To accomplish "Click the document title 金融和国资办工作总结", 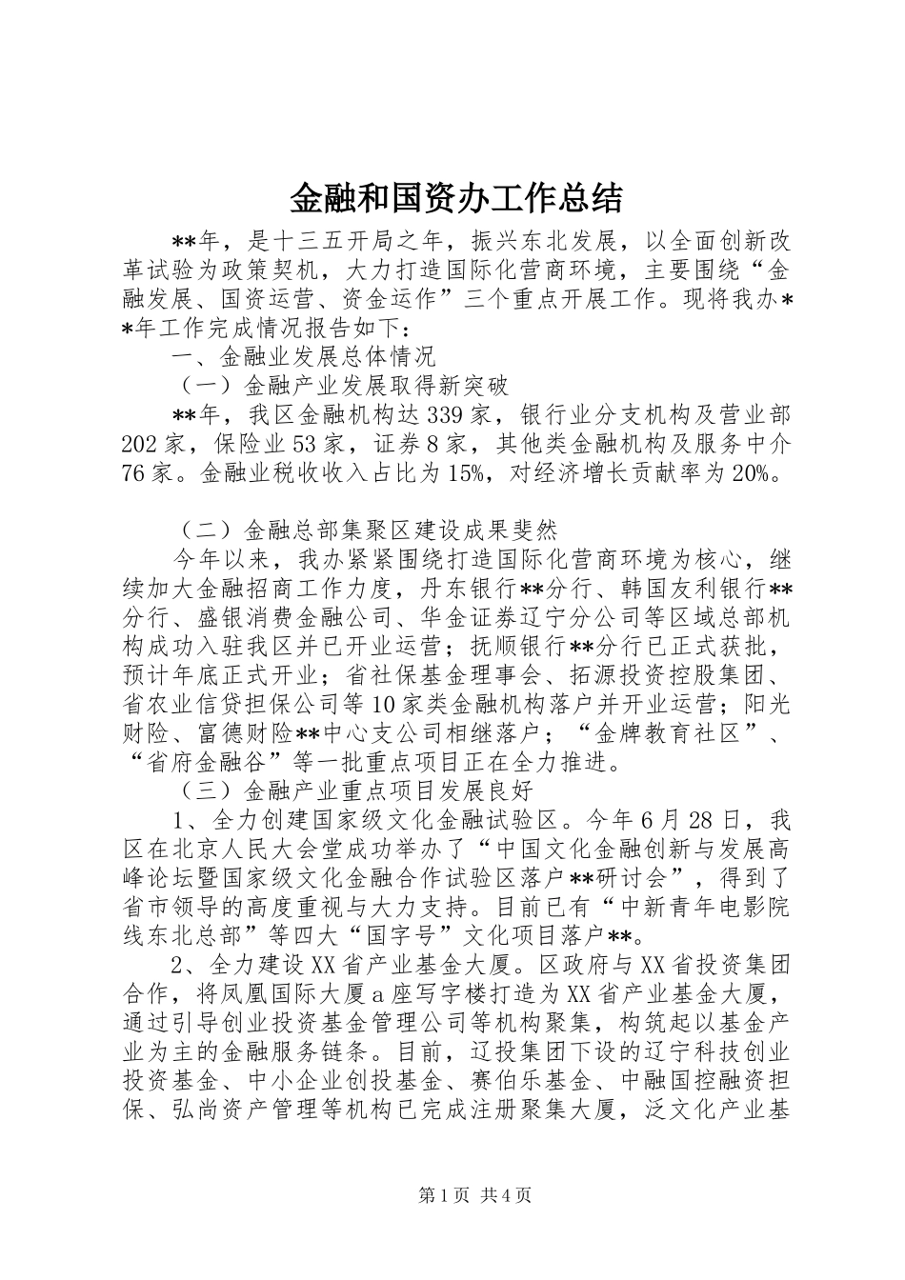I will tap(454, 198).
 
